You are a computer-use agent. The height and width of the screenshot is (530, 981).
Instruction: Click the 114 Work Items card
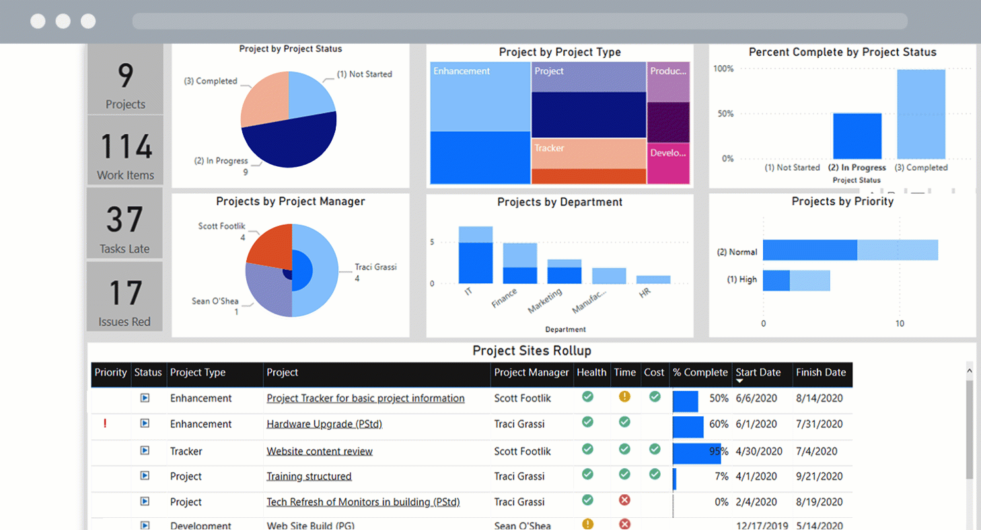[x=125, y=151]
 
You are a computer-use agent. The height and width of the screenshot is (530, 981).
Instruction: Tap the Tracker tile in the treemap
[x=588, y=153]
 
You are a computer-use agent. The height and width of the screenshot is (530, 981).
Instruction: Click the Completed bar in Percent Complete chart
[x=920, y=114]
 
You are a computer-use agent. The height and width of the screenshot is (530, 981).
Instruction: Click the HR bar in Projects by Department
[x=653, y=279]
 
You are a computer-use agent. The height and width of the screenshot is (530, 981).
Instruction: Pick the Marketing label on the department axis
[x=545, y=301]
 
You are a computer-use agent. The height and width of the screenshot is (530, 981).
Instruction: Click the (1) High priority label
[x=741, y=280]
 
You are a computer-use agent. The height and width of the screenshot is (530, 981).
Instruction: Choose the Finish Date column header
[x=820, y=373]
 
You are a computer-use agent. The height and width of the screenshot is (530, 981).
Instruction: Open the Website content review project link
[x=320, y=451]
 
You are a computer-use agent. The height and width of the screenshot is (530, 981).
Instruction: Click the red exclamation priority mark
[x=105, y=424]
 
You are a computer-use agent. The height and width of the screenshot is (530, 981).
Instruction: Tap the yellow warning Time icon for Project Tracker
[x=624, y=397]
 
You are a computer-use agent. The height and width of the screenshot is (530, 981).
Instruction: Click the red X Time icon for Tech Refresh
[x=624, y=500]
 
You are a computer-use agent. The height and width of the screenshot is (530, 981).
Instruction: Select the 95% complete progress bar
[x=696, y=453]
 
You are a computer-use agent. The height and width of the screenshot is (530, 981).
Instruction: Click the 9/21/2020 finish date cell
[x=819, y=476]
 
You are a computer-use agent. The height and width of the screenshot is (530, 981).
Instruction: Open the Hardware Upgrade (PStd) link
[x=324, y=424]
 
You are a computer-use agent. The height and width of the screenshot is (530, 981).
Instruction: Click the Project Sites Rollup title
[x=532, y=351]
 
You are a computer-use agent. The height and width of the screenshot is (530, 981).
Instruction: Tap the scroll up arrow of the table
[x=970, y=371]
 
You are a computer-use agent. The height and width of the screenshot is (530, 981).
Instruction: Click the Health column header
[x=591, y=373]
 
